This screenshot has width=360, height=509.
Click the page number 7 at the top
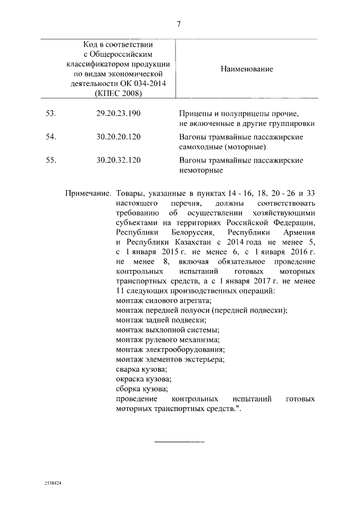(x=179, y=24)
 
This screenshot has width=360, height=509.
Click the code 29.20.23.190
(x=118, y=114)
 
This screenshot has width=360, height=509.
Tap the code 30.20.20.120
(x=118, y=137)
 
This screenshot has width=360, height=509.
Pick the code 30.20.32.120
(x=118, y=160)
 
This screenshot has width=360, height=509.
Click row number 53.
(x=51, y=114)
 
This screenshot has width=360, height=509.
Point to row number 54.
(x=51, y=137)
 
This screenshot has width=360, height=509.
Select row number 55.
(x=51, y=160)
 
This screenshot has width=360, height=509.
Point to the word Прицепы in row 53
(x=195, y=114)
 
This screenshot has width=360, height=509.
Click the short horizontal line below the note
(x=179, y=442)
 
